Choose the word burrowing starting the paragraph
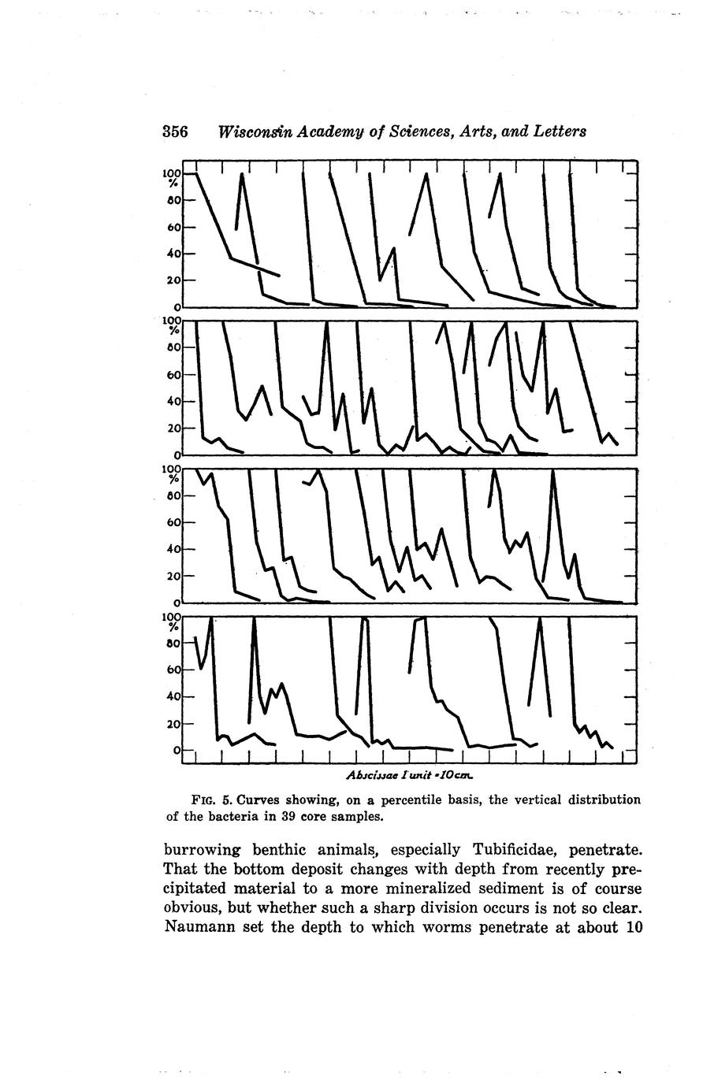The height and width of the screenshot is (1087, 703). click(x=203, y=850)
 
